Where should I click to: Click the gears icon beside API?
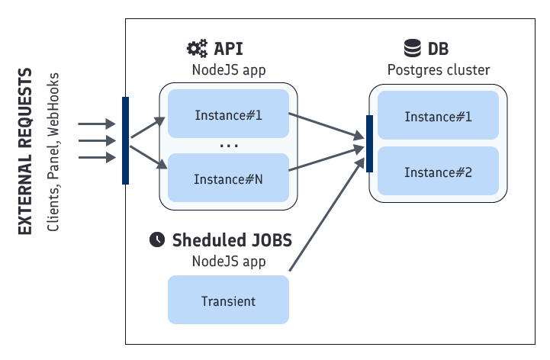pos(197,50)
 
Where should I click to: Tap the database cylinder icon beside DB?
pos(413,50)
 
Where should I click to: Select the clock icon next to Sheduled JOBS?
pos(156,239)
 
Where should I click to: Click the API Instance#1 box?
pos(228,116)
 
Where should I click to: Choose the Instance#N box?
pos(228,179)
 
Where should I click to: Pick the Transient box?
pos(228,301)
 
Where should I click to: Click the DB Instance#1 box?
pos(438,116)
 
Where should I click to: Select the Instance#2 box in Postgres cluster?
pos(438,172)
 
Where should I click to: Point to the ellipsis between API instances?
pos(229,146)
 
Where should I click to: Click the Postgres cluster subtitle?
pos(438,70)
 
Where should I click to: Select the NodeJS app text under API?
pos(228,70)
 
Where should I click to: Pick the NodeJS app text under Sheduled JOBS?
pos(228,261)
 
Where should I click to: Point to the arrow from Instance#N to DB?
pos(324,162)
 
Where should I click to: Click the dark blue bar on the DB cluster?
pos(370,143)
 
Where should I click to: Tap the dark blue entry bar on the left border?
pos(126,140)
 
